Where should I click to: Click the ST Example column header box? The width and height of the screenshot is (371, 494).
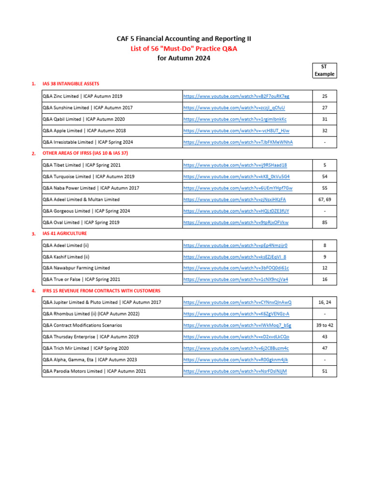pos(324,70)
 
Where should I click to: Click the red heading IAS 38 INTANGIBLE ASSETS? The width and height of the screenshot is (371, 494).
pos(71,84)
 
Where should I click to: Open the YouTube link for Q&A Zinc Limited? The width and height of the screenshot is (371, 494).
pos(236,96)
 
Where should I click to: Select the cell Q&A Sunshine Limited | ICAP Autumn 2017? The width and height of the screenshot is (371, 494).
pos(87,108)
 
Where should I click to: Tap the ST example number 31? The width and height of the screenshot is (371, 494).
pos(325,119)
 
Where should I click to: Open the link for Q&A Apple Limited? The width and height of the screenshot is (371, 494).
pos(236,131)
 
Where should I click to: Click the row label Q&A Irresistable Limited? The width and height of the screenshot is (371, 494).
pos(87,142)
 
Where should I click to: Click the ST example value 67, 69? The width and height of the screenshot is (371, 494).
pos(325,199)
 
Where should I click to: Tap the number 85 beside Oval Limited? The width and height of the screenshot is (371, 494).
pos(325,222)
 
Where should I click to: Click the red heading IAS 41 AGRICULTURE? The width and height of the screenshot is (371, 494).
pos(65,233)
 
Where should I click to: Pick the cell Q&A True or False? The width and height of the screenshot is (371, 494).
pos(81,279)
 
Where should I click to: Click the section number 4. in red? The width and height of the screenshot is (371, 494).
pos(33,291)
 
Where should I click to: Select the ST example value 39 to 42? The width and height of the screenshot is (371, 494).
pos(325,325)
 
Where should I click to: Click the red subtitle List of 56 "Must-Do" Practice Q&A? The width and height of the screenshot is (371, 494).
pos(184,48)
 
